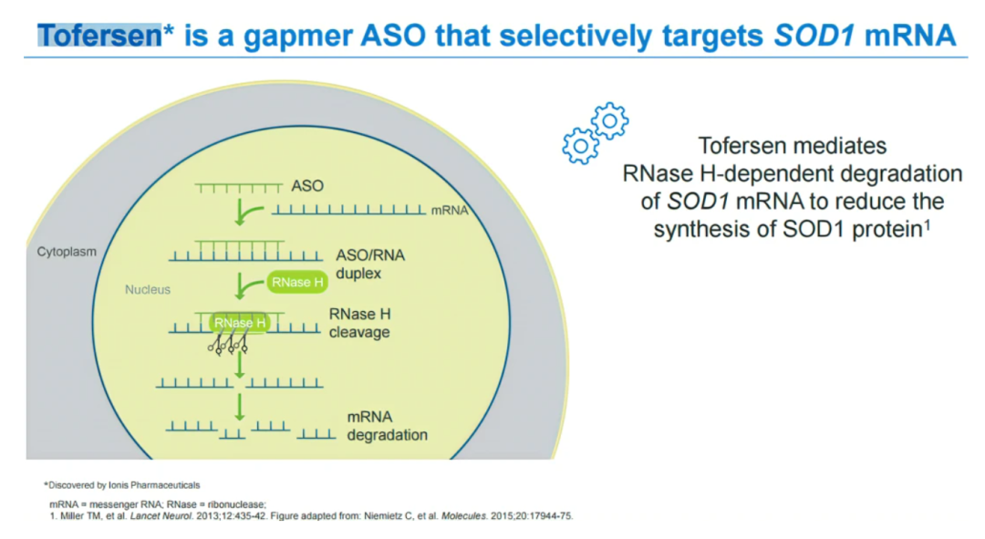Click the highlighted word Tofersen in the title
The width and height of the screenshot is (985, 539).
[x=99, y=36]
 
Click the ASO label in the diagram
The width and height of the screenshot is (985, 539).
[x=307, y=186]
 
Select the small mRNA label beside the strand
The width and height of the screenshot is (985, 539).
[x=449, y=210]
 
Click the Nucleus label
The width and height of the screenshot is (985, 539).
[x=148, y=289]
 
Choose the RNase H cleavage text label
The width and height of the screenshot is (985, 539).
[x=359, y=323]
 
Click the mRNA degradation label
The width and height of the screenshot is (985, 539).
[x=387, y=426]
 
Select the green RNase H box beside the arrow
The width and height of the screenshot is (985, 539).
[x=297, y=283]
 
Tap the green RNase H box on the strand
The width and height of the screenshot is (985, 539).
[x=240, y=323]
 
